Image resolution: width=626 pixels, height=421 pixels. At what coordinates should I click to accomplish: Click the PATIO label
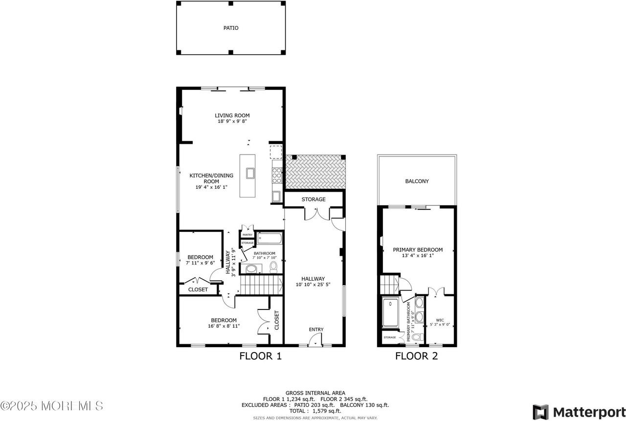tap(231, 28)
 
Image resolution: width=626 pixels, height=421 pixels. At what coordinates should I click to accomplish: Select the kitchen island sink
tap(250, 173)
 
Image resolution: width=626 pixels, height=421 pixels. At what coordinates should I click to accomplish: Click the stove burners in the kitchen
tap(277, 175)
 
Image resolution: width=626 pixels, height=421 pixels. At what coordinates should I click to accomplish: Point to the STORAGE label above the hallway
tap(313, 199)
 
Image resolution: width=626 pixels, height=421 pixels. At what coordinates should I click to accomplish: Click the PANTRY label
tap(247, 235)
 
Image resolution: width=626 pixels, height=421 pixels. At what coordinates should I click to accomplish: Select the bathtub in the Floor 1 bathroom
tap(269, 239)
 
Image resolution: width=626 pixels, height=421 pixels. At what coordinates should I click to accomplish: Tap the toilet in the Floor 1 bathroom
tap(273, 266)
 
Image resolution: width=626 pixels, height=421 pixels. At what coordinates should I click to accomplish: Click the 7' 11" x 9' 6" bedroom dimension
tap(201, 263)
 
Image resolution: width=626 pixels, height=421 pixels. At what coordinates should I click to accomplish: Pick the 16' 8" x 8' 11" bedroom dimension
tap(224, 326)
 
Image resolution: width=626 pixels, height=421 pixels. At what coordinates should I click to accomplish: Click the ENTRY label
tap(316, 330)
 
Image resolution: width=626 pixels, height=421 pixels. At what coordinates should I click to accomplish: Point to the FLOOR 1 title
tap(260, 356)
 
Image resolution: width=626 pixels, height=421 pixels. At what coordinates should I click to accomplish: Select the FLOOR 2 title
tap(416, 356)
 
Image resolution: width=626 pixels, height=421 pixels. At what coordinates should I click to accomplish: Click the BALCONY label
tap(417, 181)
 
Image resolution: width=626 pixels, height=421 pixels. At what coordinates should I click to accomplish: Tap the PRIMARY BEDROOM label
tap(418, 249)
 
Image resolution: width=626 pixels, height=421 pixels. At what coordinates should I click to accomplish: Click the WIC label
tap(440, 321)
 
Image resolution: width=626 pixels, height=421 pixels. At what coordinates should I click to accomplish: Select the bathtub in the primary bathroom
tap(391, 313)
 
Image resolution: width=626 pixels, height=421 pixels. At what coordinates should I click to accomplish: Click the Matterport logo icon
tap(540, 412)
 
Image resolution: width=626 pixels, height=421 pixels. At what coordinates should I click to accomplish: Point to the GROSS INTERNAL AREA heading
tap(315, 393)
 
